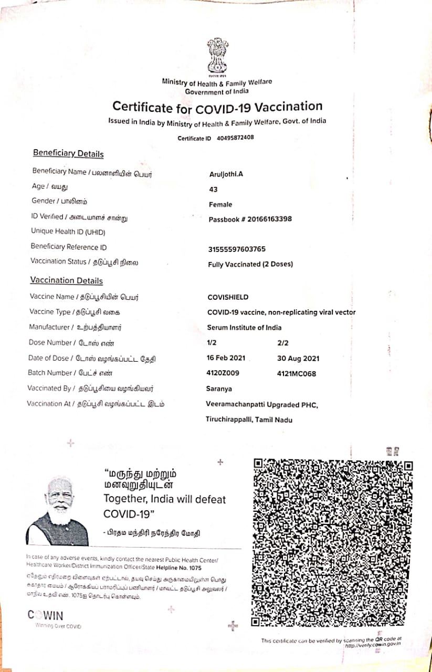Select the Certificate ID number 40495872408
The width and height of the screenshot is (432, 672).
click(235, 138)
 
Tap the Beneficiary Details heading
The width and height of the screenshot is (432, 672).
click(68, 154)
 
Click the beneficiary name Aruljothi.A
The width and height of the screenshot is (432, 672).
click(226, 174)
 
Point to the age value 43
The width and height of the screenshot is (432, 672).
click(214, 189)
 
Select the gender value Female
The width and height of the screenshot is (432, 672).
click(220, 204)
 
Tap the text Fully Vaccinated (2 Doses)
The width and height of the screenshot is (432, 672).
click(250, 264)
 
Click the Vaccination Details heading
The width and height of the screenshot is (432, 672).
click(66, 281)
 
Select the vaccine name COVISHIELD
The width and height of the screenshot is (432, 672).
click(228, 297)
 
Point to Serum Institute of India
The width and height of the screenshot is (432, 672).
click(244, 328)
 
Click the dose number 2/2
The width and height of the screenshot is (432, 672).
click(283, 343)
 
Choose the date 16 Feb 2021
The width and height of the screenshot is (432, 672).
click(226, 358)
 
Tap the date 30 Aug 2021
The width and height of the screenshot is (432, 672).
click(298, 359)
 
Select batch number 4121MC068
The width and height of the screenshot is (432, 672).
click(296, 374)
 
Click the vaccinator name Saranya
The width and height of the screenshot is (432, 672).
click(219, 389)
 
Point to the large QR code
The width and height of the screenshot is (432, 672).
click(332, 542)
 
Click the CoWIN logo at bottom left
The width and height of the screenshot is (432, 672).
click(46, 615)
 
